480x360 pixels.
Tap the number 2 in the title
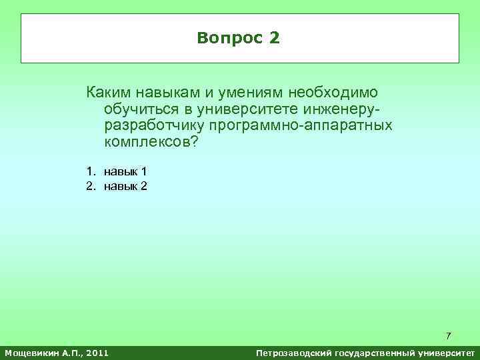pyautogui.click(x=275, y=38)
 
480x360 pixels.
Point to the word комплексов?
pyautogui.click(x=151, y=143)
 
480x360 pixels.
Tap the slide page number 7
pyautogui.click(x=449, y=335)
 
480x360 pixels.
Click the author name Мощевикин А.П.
pyautogui.click(x=42, y=352)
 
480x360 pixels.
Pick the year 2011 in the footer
pyautogui.click(x=97, y=352)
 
